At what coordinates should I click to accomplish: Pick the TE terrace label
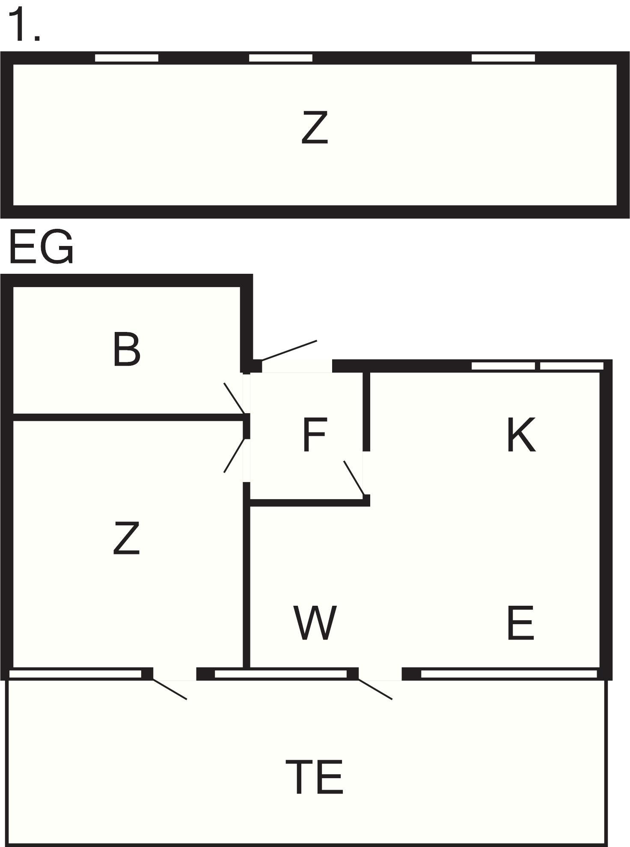pyautogui.click(x=315, y=776)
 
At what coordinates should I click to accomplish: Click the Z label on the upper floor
pyautogui.click(x=315, y=127)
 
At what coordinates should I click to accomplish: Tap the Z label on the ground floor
pyautogui.click(x=126, y=538)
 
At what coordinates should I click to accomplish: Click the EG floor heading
pyautogui.click(x=41, y=247)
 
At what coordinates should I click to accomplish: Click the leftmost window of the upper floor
pyautogui.click(x=127, y=58)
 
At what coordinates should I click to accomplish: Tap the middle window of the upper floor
pyautogui.click(x=281, y=58)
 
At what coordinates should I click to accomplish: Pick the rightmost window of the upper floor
pyautogui.click(x=503, y=58)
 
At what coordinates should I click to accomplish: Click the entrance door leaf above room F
pyautogui.click(x=289, y=351)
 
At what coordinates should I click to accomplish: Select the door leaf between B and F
pyautogui.click(x=235, y=398)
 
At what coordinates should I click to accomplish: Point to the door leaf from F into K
pyautogui.click(x=354, y=478)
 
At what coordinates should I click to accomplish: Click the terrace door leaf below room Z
pyautogui.click(x=169, y=689)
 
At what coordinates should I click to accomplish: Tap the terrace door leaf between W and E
pyautogui.click(x=375, y=689)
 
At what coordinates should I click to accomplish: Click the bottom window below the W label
pyautogui.click(x=280, y=674)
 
